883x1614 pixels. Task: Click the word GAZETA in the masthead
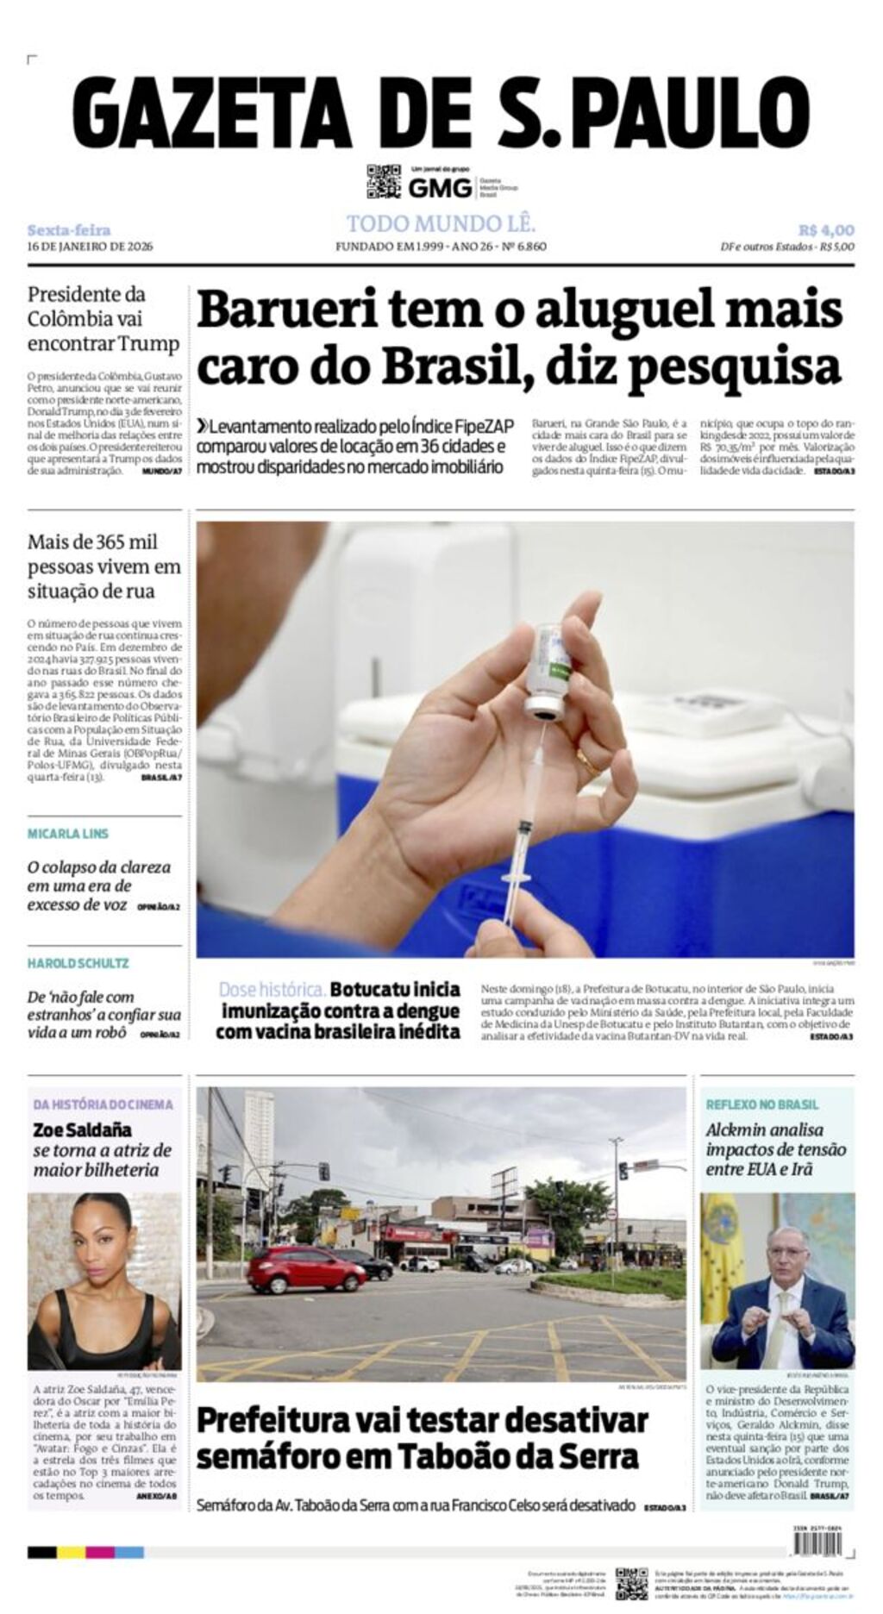pyautogui.click(x=212, y=112)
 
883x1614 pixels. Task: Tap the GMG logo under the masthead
pyautogui.click(x=440, y=187)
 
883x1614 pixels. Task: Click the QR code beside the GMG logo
pyautogui.click(x=384, y=181)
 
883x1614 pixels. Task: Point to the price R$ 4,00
pyautogui.click(x=825, y=230)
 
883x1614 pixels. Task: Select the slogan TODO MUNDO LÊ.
pyautogui.click(x=441, y=224)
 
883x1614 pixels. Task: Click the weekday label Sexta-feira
pyautogui.click(x=69, y=230)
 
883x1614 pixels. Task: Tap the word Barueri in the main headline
pyautogui.click(x=285, y=310)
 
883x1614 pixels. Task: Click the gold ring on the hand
pyautogui.click(x=589, y=761)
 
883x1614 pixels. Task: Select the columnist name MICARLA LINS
pyautogui.click(x=68, y=834)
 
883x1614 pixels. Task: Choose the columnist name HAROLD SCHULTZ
pyautogui.click(x=78, y=963)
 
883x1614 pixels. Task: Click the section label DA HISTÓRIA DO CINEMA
pyautogui.click(x=103, y=1104)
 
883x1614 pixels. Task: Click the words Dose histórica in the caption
pyautogui.click(x=272, y=989)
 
